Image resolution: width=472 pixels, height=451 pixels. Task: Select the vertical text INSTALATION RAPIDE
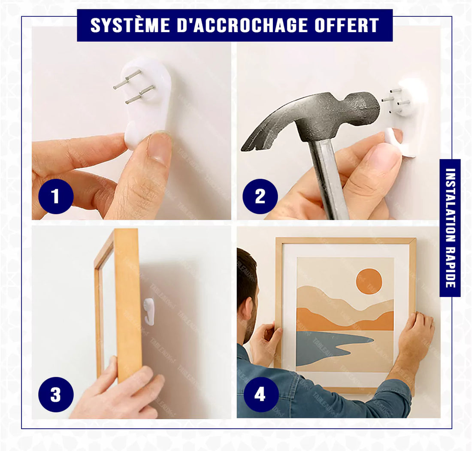tap(450, 227)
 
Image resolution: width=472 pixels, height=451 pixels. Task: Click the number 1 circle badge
tap(56, 197)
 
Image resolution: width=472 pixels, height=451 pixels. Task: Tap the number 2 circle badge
tap(260, 197)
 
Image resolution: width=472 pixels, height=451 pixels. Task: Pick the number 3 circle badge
tap(56, 394)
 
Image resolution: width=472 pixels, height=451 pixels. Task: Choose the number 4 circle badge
tap(260, 394)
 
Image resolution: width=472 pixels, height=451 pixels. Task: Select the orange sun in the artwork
tap(369, 281)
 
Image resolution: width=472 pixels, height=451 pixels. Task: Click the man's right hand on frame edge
tap(417, 333)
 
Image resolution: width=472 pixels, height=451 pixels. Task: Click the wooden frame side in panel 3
tap(127, 300)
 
